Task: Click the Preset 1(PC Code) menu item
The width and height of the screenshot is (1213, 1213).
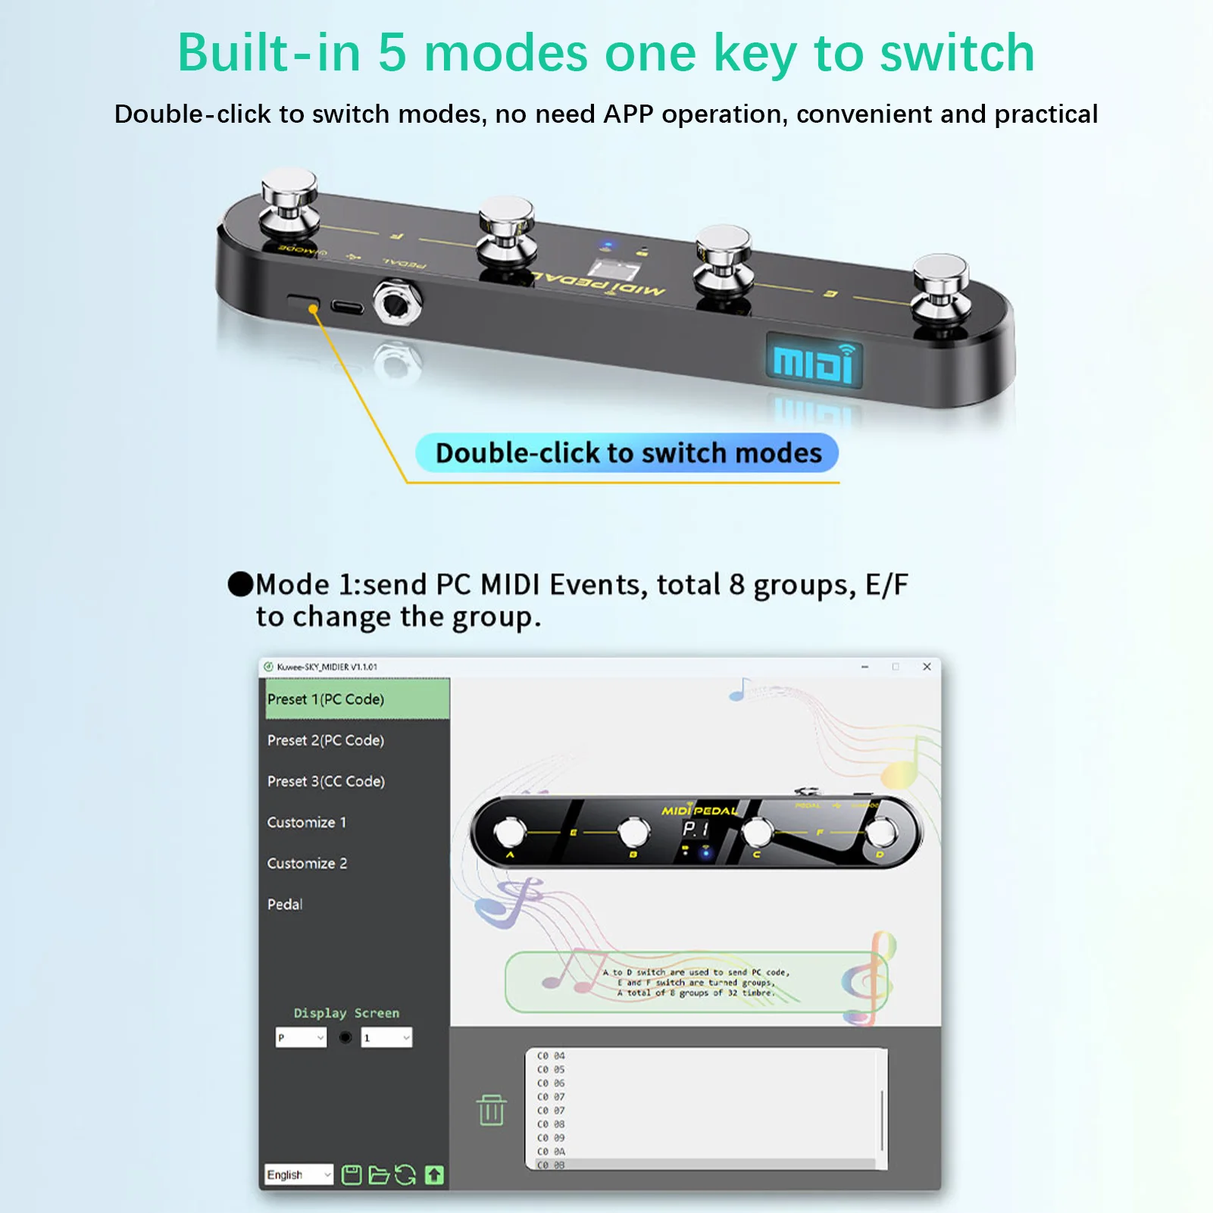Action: pos(326,699)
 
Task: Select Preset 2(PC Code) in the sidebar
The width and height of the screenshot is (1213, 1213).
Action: pos(326,740)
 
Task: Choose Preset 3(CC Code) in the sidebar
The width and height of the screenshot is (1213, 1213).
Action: pos(326,781)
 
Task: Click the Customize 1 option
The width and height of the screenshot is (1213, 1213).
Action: pos(307,822)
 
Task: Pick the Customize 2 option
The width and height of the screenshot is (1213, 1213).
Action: pos(307,863)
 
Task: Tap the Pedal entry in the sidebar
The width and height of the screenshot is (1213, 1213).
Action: pos(285,904)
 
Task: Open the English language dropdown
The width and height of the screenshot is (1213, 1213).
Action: pos(299,1174)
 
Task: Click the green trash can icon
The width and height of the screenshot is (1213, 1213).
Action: pos(491,1110)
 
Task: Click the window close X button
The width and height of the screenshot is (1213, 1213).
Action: pos(927,667)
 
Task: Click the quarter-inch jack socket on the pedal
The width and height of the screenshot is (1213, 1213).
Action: pos(396,303)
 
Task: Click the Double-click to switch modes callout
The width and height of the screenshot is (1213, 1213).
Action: pos(627,453)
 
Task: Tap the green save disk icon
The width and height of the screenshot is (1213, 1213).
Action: pos(352,1174)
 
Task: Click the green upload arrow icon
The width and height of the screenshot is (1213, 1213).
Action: pos(434,1174)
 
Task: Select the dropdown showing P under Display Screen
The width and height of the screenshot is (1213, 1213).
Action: pos(301,1037)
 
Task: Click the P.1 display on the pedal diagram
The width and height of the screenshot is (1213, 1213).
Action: pos(696,830)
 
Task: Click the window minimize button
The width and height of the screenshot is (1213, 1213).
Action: pos(864,667)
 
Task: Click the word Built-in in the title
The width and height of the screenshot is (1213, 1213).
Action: pos(268,53)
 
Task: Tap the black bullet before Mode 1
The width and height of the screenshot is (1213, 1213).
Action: pos(240,584)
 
